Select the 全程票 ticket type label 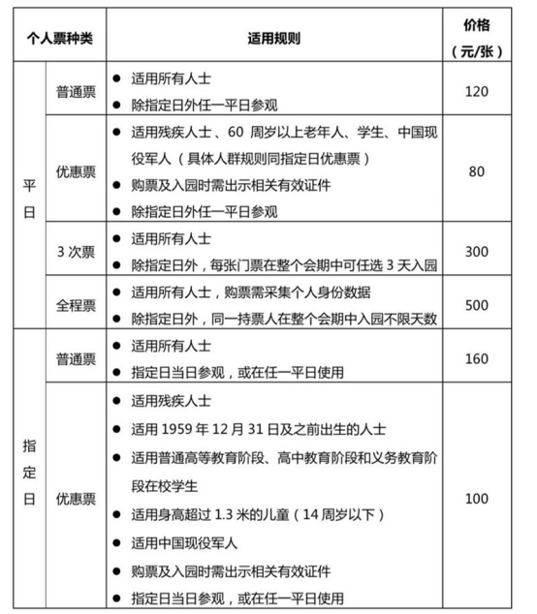(x=76, y=304)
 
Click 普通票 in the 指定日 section (x=76, y=358)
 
